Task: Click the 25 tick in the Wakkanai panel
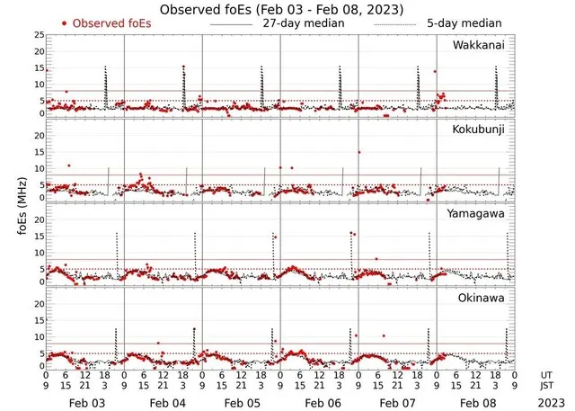(38, 35)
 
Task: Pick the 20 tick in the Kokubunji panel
(38, 135)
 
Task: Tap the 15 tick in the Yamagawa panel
(38, 236)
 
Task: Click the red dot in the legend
(65, 22)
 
